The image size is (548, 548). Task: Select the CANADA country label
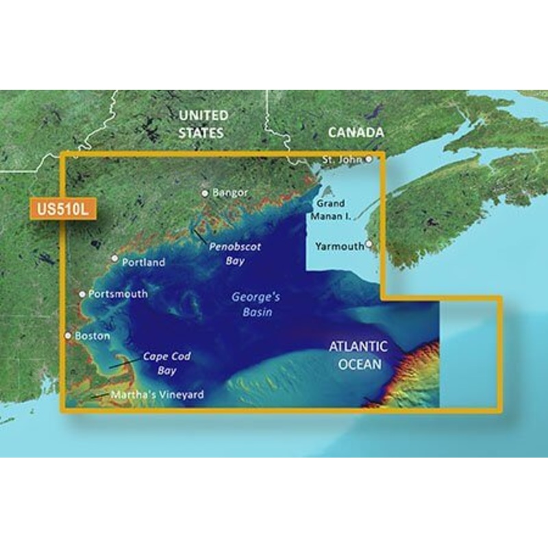[356, 132]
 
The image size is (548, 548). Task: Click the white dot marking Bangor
[204, 193]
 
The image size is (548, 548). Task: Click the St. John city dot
[369, 159]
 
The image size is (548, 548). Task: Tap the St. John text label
[342, 160]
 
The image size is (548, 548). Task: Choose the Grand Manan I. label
[331, 209]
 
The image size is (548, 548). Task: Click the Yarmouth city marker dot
[369, 243]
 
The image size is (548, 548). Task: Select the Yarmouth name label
[339, 246]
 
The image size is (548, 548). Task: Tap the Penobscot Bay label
[235, 253]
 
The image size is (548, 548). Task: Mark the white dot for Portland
[115, 258]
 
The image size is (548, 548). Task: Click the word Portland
[143, 262]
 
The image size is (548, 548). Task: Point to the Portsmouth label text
[118, 294]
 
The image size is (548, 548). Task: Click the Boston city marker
[68, 336]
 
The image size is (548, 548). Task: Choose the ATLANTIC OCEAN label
[358, 356]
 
